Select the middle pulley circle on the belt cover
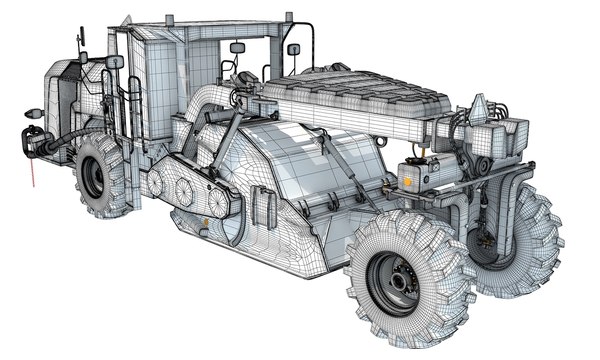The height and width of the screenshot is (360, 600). coord(182,189)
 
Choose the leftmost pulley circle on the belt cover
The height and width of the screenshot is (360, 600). coord(155,181)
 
